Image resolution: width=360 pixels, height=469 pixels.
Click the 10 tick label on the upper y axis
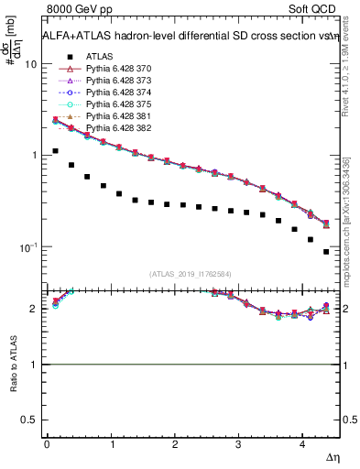(x=31, y=65)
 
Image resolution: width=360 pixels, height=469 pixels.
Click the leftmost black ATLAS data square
(x=55, y=151)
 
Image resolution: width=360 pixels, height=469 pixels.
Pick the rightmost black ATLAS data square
(x=326, y=251)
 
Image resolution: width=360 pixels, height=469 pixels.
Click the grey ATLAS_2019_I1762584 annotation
(x=190, y=273)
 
